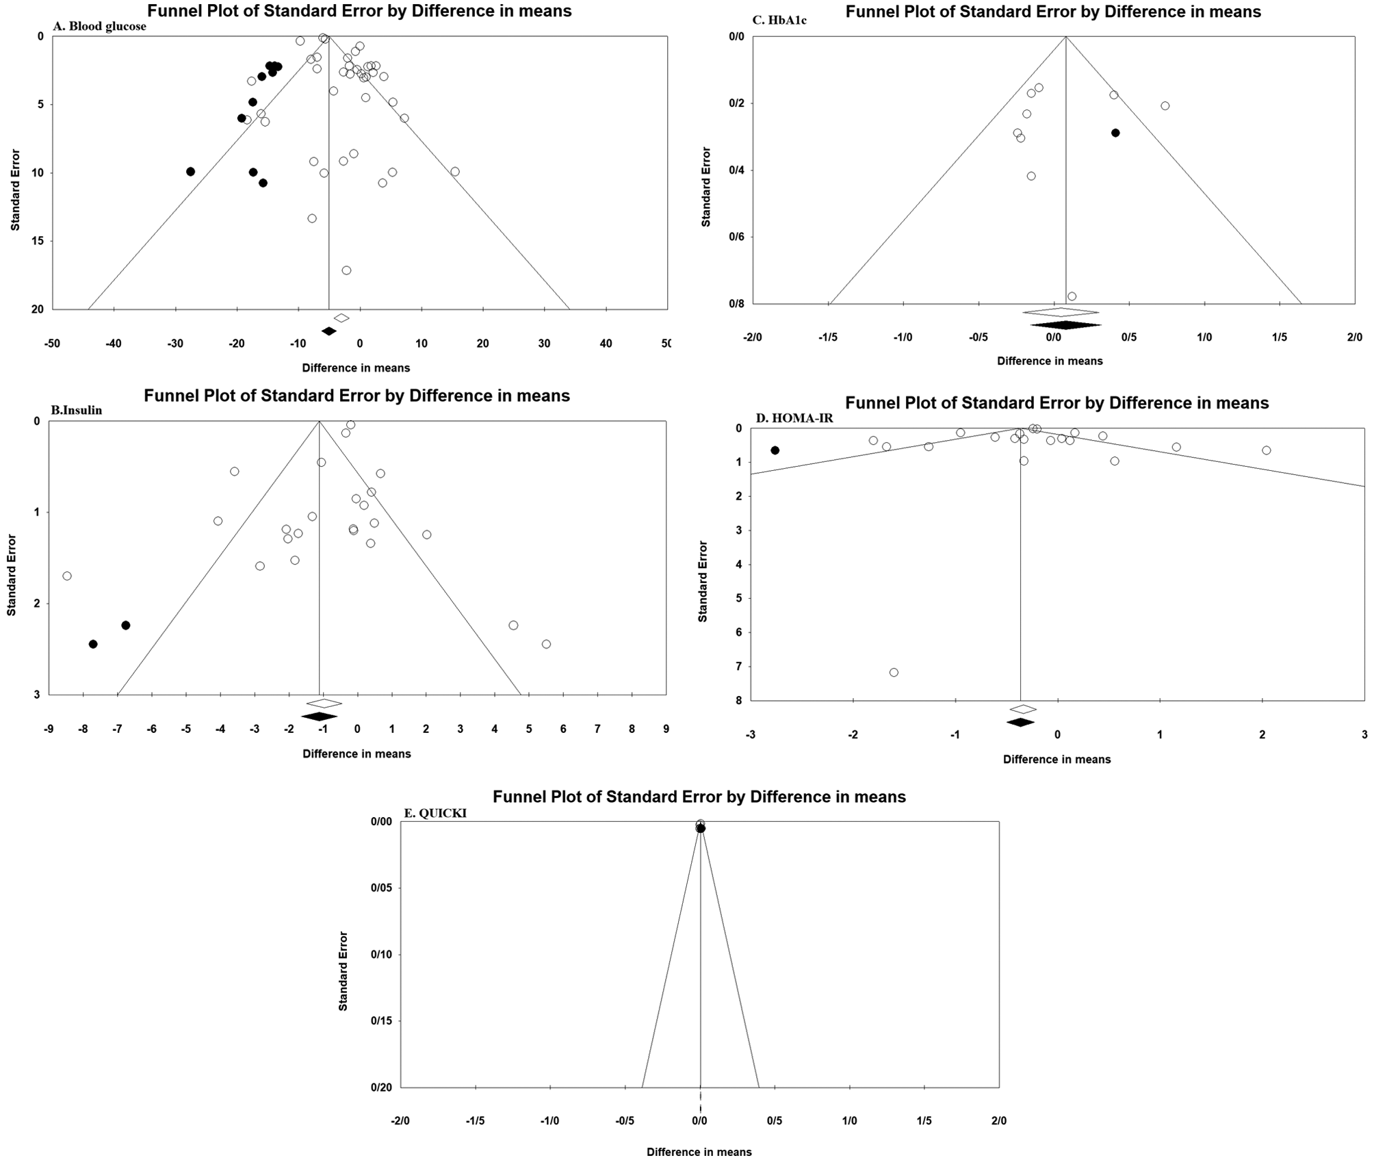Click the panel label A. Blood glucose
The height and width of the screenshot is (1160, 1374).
coord(100,27)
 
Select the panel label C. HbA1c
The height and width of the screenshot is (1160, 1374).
coord(779,21)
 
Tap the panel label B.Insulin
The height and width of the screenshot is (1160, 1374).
coord(77,411)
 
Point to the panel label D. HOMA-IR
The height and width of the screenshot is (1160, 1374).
coord(794,418)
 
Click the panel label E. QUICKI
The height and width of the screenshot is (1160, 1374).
coord(435,813)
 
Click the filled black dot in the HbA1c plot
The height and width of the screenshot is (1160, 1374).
coord(1115,133)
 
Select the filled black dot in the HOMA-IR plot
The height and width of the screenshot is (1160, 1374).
coord(775,450)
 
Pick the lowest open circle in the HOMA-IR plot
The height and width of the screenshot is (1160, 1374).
coord(894,673)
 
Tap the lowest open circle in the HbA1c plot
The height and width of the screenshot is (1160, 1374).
coord(1072,296)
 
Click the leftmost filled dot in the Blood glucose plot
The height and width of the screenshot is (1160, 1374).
coord(190,172)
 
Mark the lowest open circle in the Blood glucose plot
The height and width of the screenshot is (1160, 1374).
coord(346,270)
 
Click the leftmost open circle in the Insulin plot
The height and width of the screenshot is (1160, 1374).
coord(67,576)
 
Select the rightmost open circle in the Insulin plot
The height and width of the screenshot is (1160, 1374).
coord(546,644)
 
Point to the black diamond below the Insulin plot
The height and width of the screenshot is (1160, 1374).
coord(320,717)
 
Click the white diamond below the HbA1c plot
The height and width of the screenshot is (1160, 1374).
coord(1061,313)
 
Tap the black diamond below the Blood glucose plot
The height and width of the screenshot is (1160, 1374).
coord(329,331)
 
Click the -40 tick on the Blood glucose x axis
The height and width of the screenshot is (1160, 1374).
coord(114,344)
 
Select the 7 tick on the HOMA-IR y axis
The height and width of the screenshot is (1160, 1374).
coord(738,667)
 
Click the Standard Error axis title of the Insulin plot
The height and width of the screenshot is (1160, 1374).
coord(12,575)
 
